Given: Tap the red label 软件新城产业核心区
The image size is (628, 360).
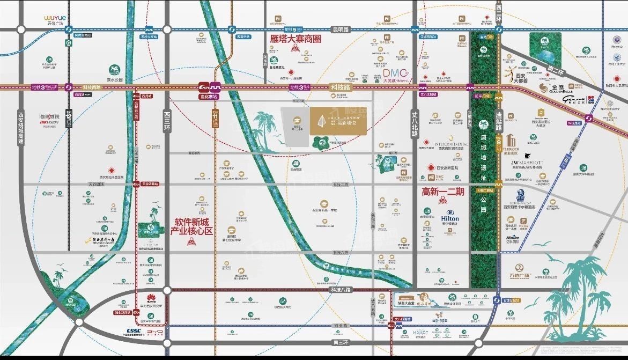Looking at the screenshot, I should [191, 225].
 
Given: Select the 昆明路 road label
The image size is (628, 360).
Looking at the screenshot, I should [340, 30].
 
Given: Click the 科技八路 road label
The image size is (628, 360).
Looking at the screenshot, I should [340, 290].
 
